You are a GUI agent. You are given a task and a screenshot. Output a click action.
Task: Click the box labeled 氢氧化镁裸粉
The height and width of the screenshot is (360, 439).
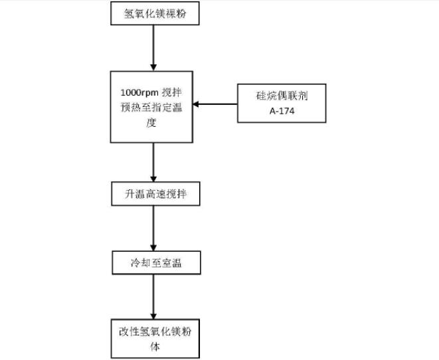point(154,14)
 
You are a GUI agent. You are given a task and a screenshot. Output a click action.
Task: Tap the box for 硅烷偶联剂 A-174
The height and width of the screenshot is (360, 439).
point(282,103)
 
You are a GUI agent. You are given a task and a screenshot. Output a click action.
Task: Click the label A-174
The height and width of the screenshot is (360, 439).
point(282,110)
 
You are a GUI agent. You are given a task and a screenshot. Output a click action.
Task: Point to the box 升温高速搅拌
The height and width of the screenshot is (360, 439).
point(154,193)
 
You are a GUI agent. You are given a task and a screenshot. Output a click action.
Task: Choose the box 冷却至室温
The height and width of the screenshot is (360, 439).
point(154,263)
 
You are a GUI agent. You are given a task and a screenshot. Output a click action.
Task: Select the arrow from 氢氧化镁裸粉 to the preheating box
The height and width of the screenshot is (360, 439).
point(154,46)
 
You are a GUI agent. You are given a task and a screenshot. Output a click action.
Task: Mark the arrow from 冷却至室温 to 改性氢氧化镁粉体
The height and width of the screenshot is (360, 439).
point(154,296)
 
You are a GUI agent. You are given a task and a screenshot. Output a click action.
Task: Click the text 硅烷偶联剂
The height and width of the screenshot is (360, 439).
point(282,96)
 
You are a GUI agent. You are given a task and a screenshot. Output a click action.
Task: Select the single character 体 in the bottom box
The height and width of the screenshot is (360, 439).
point(154,347)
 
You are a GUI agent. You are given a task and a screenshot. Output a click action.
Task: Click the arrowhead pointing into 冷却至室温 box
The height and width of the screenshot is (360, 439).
point(154,249)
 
